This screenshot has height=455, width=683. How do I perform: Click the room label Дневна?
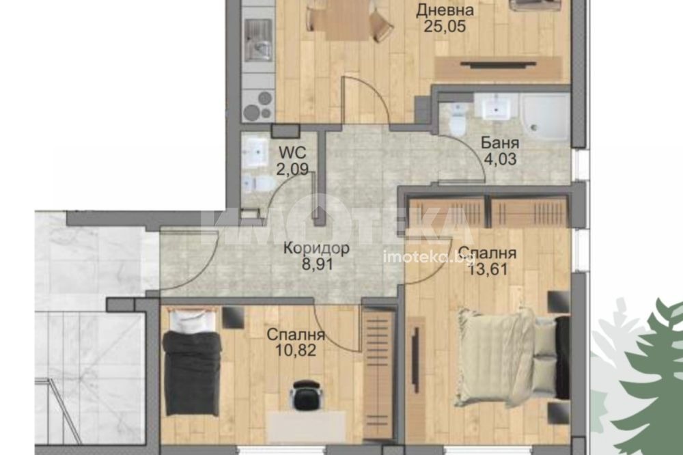pyautogui.click(x=445, y=10)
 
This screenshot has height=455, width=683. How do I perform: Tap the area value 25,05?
pyautogui.click(x=445, y=27)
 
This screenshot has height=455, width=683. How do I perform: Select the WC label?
pyautogui.click(x=292, y=152)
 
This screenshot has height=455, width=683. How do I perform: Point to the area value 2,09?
pyautogui.click(x=293, y=169)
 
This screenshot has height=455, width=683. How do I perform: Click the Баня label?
pyautogui.click(x=500, y=143)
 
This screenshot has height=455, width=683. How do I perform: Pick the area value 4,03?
pyautogui.click(x=500, y=159)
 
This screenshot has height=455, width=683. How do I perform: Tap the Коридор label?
pyautogui.click(x=316, y=249)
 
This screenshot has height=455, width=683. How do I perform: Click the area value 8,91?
pyautogui.click(x=317, y=264)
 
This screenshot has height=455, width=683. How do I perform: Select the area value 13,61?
pyautogui.click(x=488, y=269)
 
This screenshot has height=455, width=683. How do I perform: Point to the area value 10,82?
pyautogui.click(x=296, y=350)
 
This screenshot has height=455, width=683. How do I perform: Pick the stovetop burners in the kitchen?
pyautogui.click(x=258, y=106)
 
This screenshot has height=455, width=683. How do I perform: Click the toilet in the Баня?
pyautogui.click(x=457, y=120)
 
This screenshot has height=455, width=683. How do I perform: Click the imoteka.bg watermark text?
pyautogui.click(x=429, y=257)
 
